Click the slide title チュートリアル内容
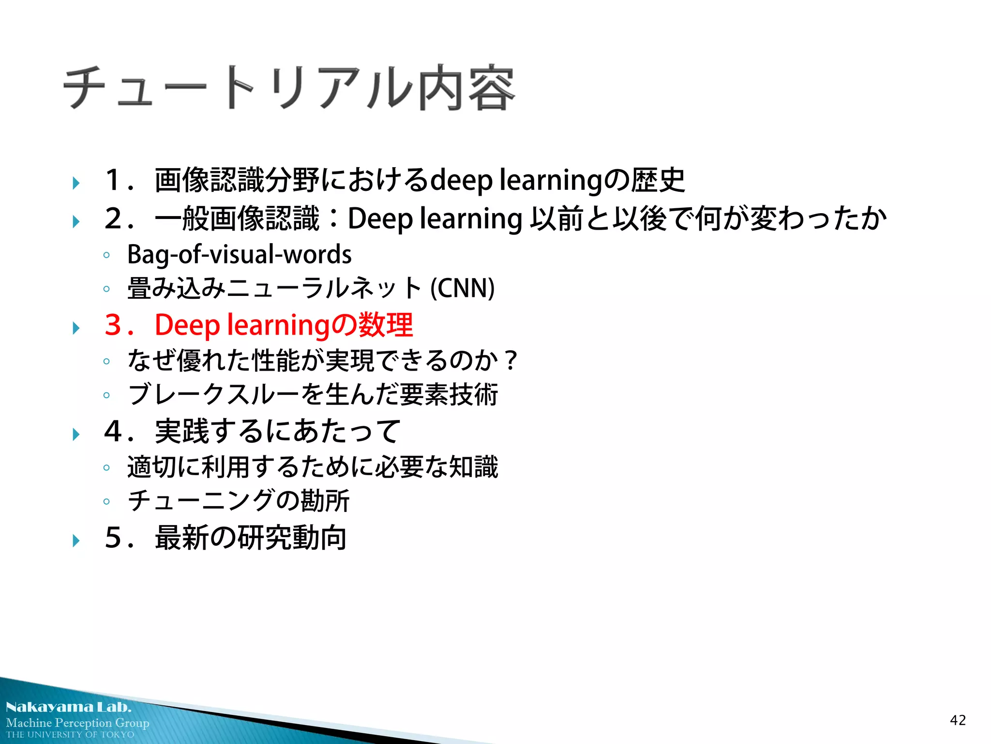(x=289, y=88)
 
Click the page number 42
(x=958, y=720)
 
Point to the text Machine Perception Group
(x=77, y=723)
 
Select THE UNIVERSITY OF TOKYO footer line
(x=70, y=735)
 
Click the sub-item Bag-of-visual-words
(x=239, y=255)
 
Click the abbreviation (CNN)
(x=462, y=288)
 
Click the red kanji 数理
(x=385, y=325)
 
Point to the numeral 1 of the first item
(x=113, y=180)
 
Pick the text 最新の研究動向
(x=251, y=538)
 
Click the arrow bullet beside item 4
(x=76, y=434)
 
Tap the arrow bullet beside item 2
(x=76, y=222)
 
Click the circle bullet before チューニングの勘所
(x=106, y=501)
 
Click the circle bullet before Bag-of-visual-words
(x=106, y=255)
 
